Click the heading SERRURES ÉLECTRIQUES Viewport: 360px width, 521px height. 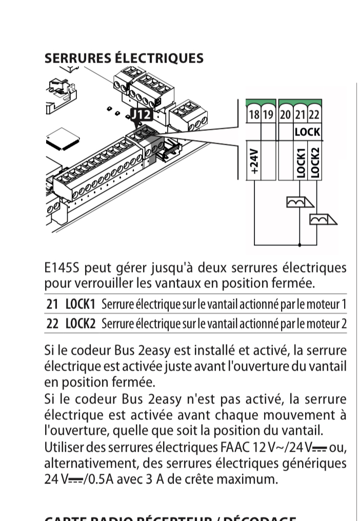pos(124,58)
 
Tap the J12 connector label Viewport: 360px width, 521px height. pos(141,114)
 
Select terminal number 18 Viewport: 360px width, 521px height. pos(253,115)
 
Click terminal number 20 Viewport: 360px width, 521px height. pos(285,115)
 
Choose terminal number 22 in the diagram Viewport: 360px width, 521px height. pos(314,115)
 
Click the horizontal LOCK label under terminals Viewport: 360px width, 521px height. pos(307,132)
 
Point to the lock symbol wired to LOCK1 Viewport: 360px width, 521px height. pos(298,202)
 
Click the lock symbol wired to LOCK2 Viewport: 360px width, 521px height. pos(322,219)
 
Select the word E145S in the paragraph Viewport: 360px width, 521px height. pos(61,268)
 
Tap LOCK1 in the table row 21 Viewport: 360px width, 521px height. pos(81,304)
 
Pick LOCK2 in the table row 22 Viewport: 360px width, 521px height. pos(81,324)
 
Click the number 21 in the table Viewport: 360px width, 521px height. pos(52,304)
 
